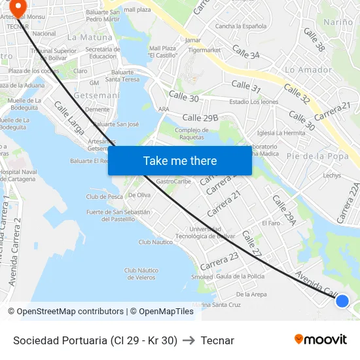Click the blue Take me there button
pyautogui.click(x=180, y=160)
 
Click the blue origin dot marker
pyautogui.click(x=342, y=301)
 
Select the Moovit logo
pyautogui.click(x=321, y=339)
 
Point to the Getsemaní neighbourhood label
pyautogui.click(x=98, y=96)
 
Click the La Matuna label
pyautogui.click(x=90, y=37)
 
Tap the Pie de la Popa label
pyautogui.click(x=317, y=156)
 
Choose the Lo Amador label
pyautogui.click(x=309, y=70)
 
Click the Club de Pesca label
pyautogui.click(x=105, y=196)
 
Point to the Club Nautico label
pyautogui.click(x=156, y=242)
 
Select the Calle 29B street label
pyautogui.click(x=200, y=118)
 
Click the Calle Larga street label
pyautogui.click(x=69, y=118)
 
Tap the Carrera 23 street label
pyautogui.click(x=219, y=261)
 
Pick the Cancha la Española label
pyautogui.click(x=241, y=26)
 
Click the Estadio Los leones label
pyautogui.click(x=254, y=101)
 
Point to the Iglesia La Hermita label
pyautogui.click(x=281, y=133)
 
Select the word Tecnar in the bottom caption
pyautogui.click(x=217, y=340)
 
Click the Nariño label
pyautogui.click(x=338, y=22)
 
